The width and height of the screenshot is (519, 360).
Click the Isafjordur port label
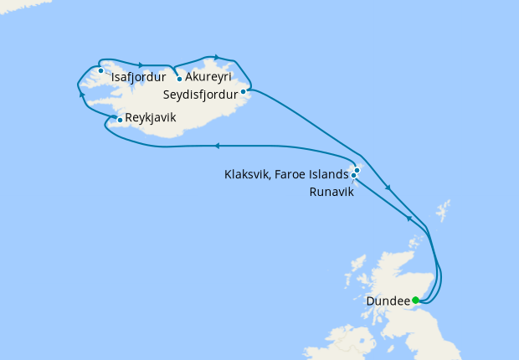(137, 82)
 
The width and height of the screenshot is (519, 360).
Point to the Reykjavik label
(151, 118)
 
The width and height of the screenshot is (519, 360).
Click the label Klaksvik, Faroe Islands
(285, 175)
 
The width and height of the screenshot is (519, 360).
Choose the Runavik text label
(331, 192)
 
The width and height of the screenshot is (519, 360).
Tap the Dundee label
(388, 301)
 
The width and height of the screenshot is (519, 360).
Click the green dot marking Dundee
(416, 300)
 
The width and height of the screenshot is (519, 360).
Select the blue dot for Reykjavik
(121, 120)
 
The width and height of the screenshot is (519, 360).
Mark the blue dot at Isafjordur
(100, 70)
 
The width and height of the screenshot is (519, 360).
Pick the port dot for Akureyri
(179, 80)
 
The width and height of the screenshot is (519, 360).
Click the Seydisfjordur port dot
(243, 91)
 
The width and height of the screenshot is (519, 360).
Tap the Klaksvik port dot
(357, 170)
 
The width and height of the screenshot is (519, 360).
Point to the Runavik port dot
(354, 176)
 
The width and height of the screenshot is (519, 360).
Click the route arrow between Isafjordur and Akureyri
(141, 64)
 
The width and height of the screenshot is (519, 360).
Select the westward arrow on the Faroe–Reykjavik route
(216, 146)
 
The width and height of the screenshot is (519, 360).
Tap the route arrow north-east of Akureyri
(218, 57)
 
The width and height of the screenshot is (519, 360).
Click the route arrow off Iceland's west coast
(81, 95)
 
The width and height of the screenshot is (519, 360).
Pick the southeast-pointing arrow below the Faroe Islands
(388, 188)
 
